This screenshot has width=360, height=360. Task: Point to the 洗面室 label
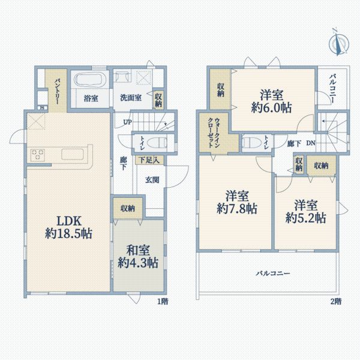pyautogui.click(x=130, y=97)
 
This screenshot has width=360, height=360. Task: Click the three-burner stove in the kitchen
pyautogui.click(x=39, y=154)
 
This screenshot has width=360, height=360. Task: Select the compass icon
pyautogui.click(x=339, y=41)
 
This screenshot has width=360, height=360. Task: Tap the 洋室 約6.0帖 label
pyautogui.click(x=272, y=101)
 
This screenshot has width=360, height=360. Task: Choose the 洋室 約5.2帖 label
pyautogui.click(x=305, y=211)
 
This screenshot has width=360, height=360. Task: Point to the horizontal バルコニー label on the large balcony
pyautogui.click(x=273, y=273)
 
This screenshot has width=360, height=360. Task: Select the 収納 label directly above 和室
pyautogui.click(x=127, y=208)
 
